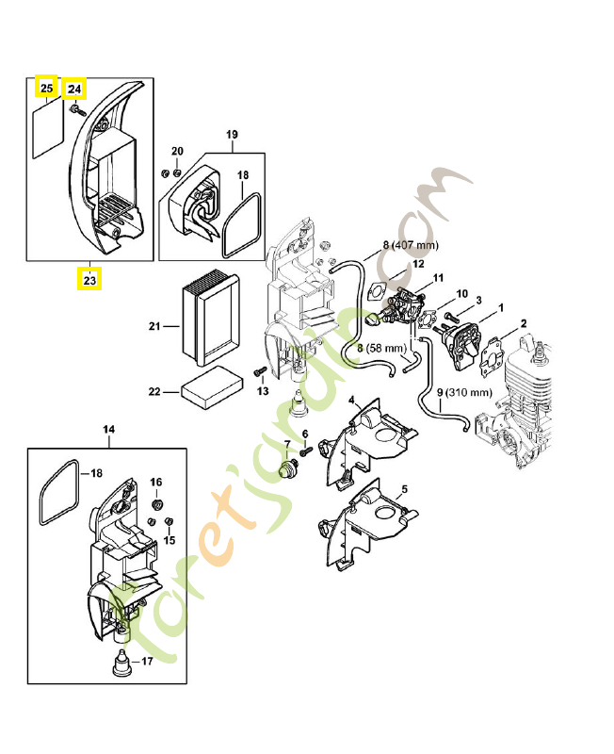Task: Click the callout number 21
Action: click(x=155, y=327)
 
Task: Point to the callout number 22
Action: click(x=155, y=389)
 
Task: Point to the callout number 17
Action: click(x=146, y=662)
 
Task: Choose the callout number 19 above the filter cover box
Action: click(x=233, y=135)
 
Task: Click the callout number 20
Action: click(x=177, y=153)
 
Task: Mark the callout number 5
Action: click(x=404, y=489)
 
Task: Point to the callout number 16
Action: click(x=156, y=482)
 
